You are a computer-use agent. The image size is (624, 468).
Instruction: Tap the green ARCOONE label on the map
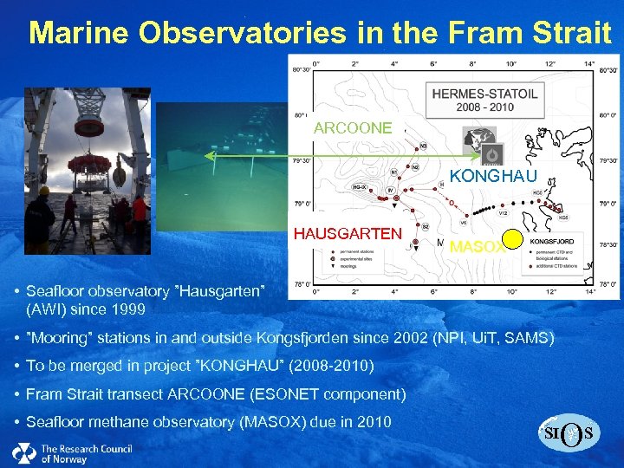[x=353, y=128]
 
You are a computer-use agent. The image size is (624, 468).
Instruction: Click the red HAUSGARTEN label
[x=348, y=234]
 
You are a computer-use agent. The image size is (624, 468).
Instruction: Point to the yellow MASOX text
[x=476, y=247]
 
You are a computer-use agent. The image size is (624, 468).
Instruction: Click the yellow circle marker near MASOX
[x=512, y=240]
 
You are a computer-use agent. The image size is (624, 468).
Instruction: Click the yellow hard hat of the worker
[x=44, y=190]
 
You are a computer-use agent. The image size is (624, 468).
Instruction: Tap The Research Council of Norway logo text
[x=86, y=452]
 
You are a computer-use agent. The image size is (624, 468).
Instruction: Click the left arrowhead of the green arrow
[x=209, y=156]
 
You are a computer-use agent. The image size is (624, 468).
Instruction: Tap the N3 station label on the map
[x=423, y=146]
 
